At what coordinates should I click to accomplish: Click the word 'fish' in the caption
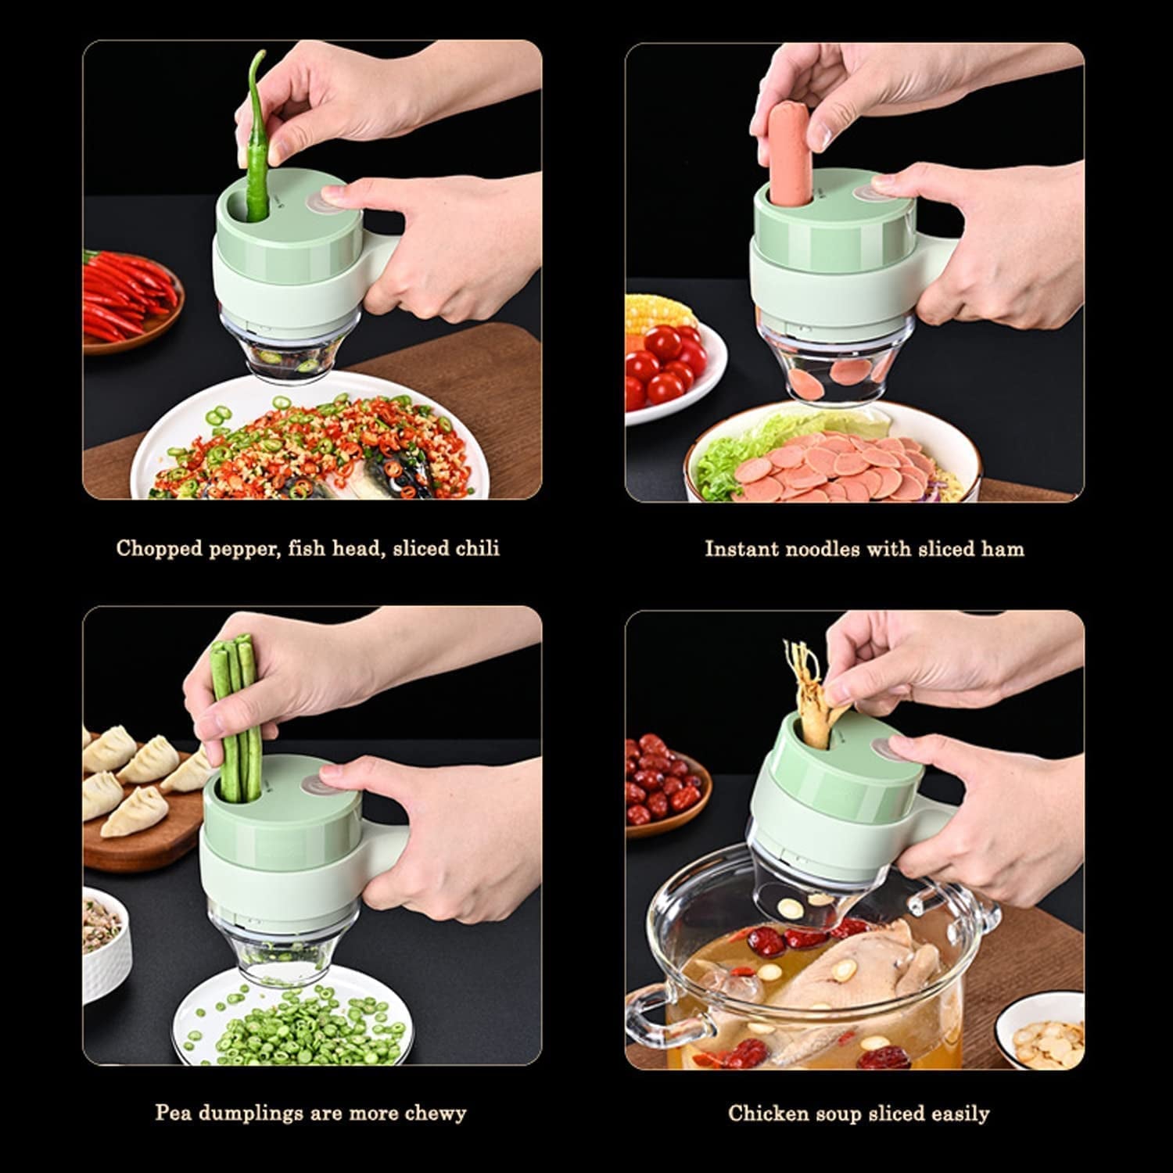pyautogui.click(x=309, y=548)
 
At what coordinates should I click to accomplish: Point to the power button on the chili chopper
pyautogui.click(x=323, y=199)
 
